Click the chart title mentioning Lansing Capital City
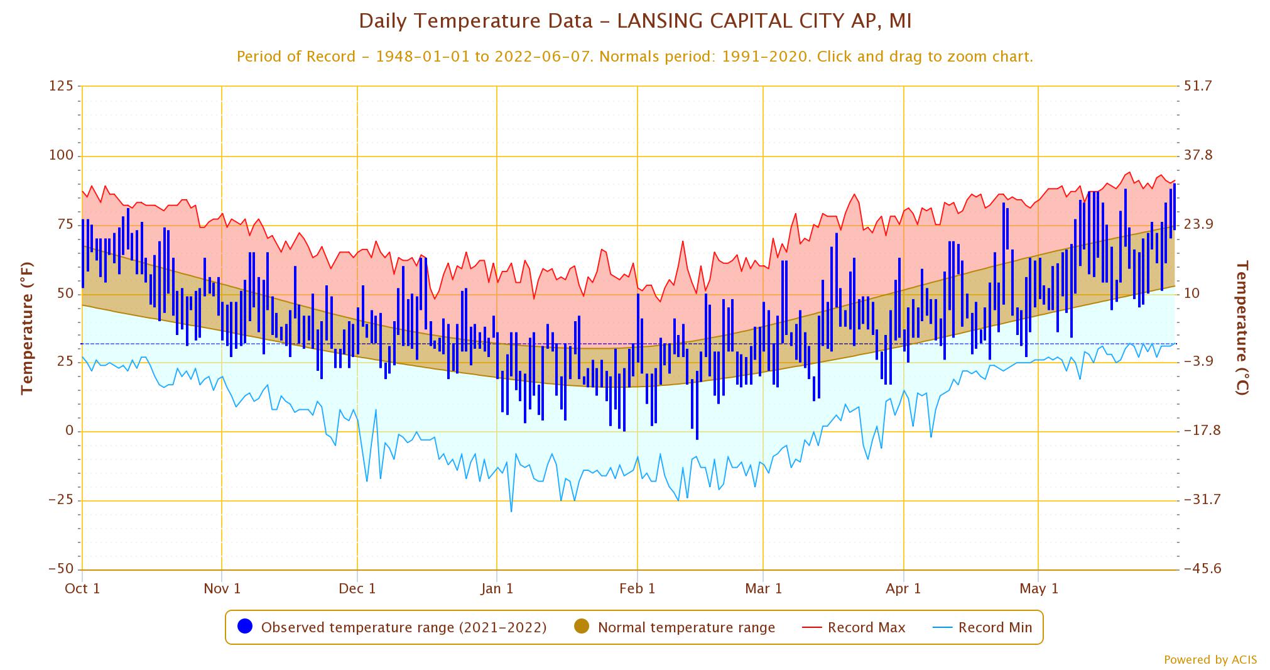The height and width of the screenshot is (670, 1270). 634,21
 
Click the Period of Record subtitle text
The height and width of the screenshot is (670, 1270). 634,57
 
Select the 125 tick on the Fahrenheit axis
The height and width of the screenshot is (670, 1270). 61,86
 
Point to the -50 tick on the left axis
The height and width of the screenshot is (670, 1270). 61,569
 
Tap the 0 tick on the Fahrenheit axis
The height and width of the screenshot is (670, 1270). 69,431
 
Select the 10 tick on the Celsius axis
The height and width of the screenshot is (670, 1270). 1191,294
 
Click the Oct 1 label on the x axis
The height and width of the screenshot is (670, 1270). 82,588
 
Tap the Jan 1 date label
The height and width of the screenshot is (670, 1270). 497,588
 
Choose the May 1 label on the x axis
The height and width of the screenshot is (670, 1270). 1038,588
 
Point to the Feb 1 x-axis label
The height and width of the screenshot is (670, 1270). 637,588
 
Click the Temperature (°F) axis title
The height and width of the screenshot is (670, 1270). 26,328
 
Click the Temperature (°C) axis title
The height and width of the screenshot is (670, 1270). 1242,328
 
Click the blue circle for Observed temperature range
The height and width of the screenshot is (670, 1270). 246,627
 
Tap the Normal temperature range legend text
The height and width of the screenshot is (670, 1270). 686,627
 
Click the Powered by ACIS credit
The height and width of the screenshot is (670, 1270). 1210,659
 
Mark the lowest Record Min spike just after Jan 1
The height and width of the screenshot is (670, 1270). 511,511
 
